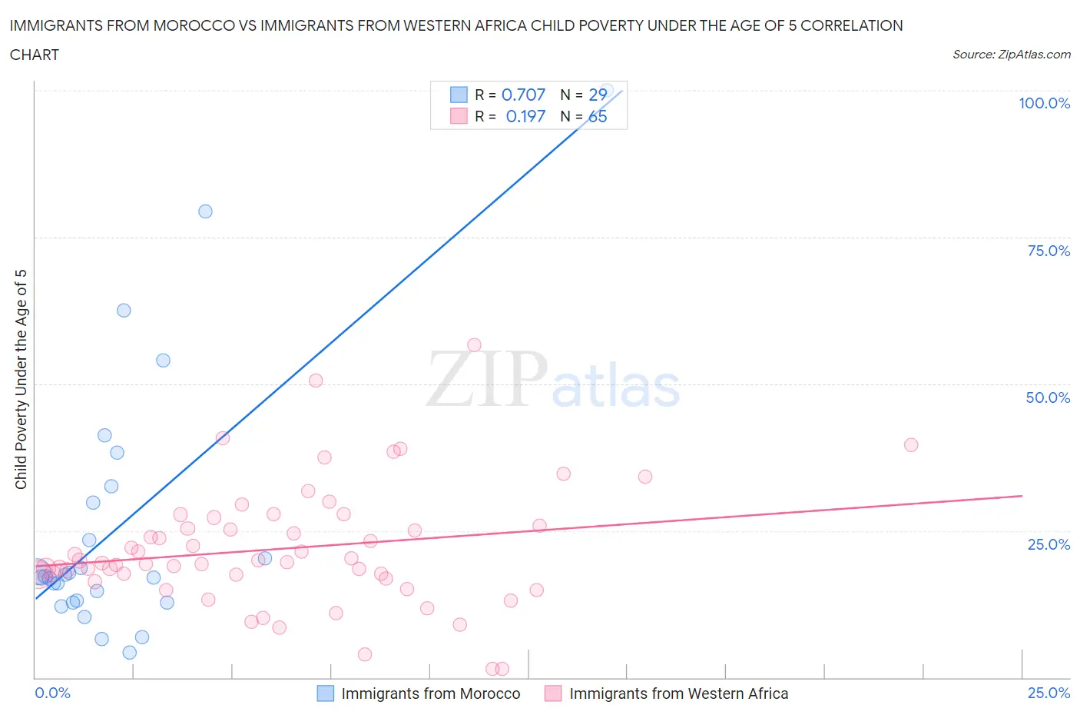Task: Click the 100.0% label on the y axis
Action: coord(1044,103)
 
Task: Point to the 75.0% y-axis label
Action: coord(1049,251)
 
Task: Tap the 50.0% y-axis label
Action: coord(1048,397)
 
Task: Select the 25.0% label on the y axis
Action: coord(1049,544)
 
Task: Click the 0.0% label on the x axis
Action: coord(52,693)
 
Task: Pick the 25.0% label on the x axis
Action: coord(1049,693)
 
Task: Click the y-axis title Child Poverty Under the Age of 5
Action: coord(22,379)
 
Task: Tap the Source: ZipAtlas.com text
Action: coord(1011,55)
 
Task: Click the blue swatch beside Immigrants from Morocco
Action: coord(326,693)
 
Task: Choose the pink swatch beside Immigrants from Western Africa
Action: coord(553,693)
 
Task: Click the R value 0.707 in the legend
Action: coord(523,95)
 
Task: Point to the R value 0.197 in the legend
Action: coord(525,116)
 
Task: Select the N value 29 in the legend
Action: coord(598,95)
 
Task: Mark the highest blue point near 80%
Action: coord(205,211)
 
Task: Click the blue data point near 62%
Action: coord(124,311)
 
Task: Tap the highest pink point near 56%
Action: coord(474,345)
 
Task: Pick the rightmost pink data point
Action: coord(911,444)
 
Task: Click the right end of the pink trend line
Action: coord(1022,496)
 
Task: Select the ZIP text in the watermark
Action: coord(486,379)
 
